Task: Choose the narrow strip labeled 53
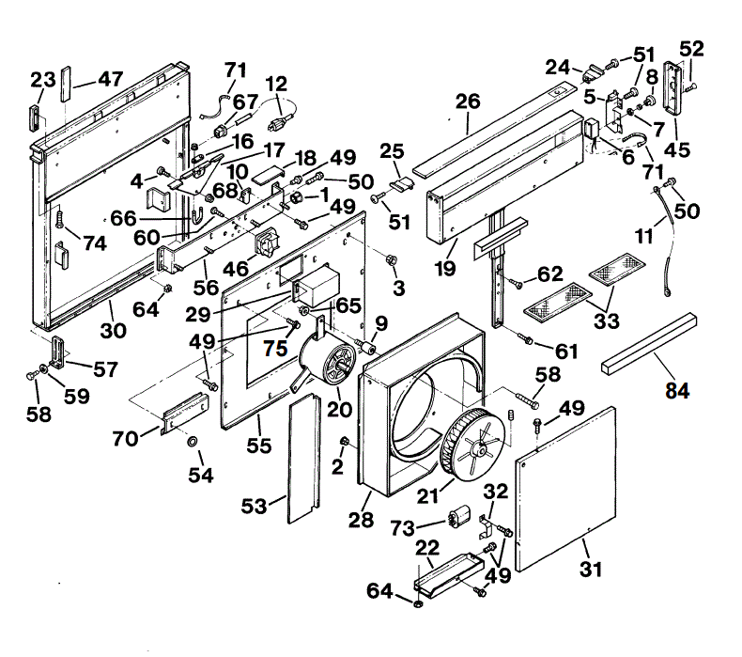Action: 302,456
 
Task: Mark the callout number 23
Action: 42,81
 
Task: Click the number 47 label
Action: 110,79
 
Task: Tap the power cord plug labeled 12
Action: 279,123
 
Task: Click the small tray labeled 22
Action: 445,571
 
